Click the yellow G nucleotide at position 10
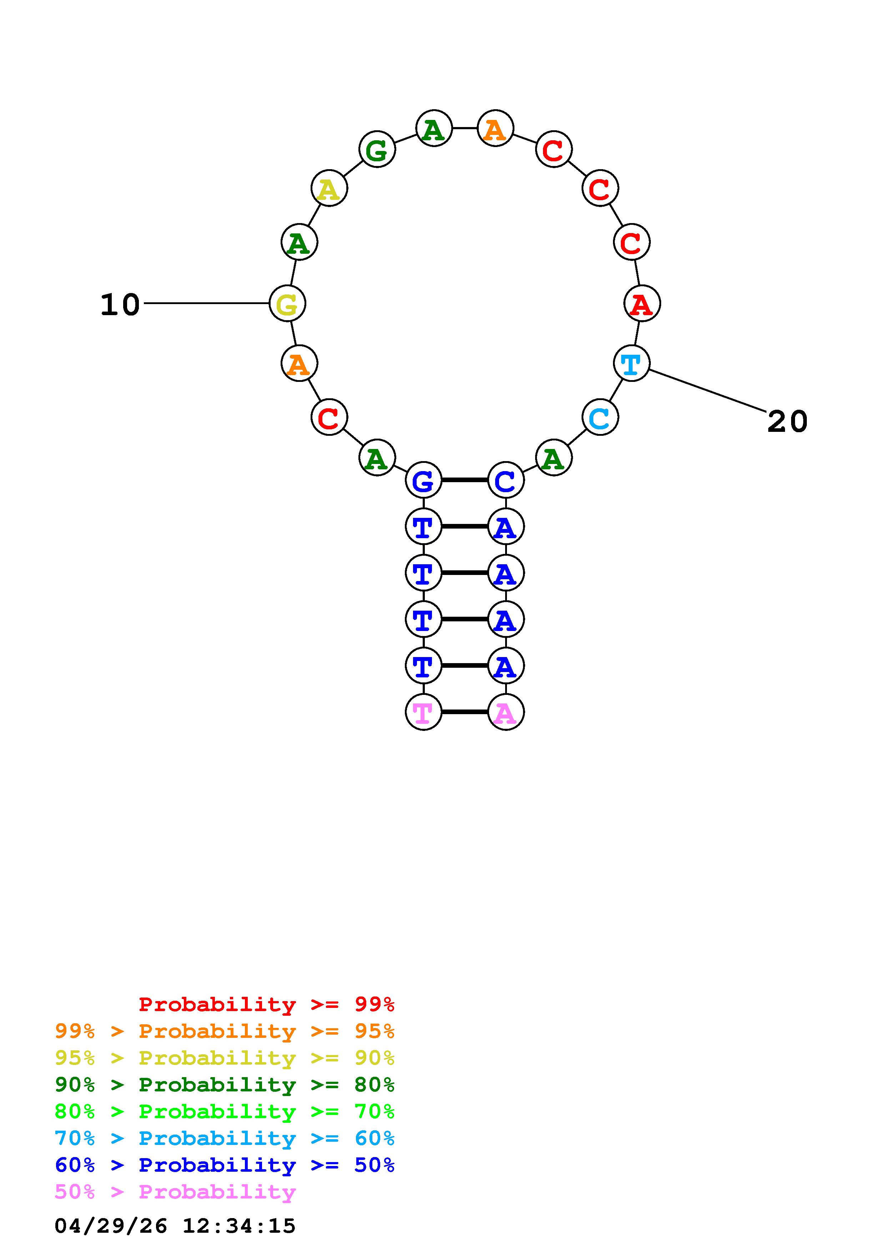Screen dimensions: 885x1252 click(x=287, y=303)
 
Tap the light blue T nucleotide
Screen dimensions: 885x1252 click(x=632, y=363)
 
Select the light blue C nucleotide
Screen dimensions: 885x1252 click(x=600, y=418)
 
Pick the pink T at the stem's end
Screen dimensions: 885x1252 click(x=424, y=712)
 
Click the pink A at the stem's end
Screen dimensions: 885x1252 click(x=506, y=712)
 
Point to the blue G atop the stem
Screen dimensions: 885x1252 click(x=424, y=480)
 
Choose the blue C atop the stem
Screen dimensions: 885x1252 click(x=506, y=480)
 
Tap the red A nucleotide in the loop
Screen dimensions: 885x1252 click(x=642, y=303)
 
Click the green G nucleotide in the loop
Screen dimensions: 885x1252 click(x=377, y=149)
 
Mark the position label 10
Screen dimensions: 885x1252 click(x=120, y=304)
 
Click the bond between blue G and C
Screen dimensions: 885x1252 click(x=464, y=480)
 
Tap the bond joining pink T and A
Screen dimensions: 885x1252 click(x=464, y=712)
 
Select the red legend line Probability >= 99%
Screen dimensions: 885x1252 click(x=267, y=1004)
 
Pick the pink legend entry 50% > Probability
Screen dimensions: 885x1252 click(x=175, y=1192)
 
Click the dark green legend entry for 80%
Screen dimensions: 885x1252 click(x=225, y=1085)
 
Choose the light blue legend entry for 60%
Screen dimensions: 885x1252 click(x=225, y=1139)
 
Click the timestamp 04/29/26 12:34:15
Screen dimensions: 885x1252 click(x=175, y=1226)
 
